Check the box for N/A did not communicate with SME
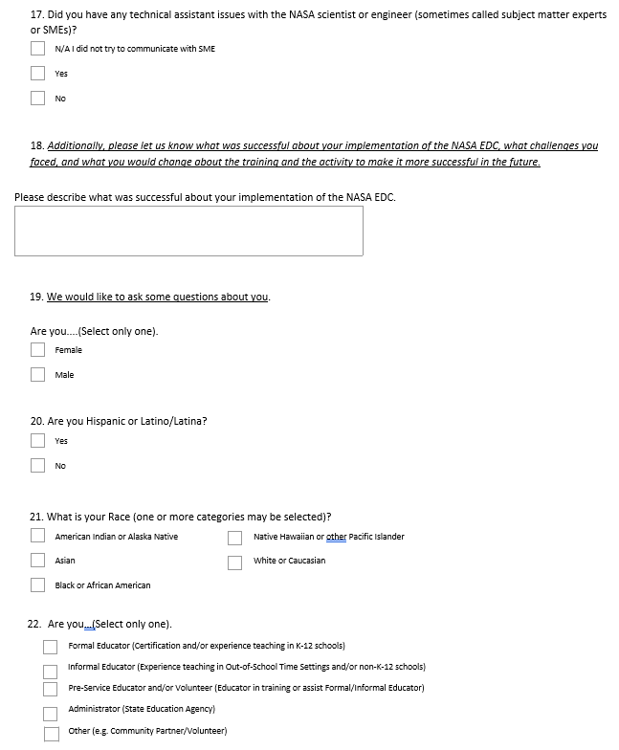pyautogui.click(x=37, y=48)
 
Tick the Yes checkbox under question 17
pyautogui.click(x=37, y=73)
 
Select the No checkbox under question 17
pyautogui.click(x=37, y=98)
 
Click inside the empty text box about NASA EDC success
pyautogui.click(x=188, y=231)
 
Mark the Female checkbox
pyautogui.click(x=37, y=349)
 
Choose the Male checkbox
pyautogui.click(x=37, y=374)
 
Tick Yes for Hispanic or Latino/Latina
pyautogui.click(x=37, y=440)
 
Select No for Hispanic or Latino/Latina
pyautogui.click(x=37, y=465)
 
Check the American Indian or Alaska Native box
pyautogui.click(x=37, y=536)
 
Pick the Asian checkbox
pyautogui.click(x=37, y=560)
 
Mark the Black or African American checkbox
pyautogui.click(x=37, y=585)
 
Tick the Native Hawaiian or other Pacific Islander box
pyautogui.click(x=235, y=537)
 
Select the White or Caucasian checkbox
pyautogui.click(x=235, y=562)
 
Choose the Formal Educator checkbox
pyautogui.click(x=51, y=647)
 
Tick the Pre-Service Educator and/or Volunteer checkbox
pyautogui.click(x=51, y=689)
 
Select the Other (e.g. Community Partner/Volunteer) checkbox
pyautogui.click(x=51, y=734)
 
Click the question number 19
pyautogui.click(x=36, y=298)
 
